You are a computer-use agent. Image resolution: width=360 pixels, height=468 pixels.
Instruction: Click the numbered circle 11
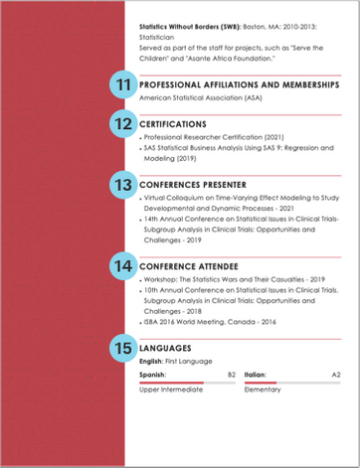pyautogui.click(x=122, y=85)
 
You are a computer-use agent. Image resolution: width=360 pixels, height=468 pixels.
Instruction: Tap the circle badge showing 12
pyautogui.click(x=122, y=124)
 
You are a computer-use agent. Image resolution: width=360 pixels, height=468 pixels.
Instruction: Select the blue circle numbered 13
pyautogui.click(x=122, y=185)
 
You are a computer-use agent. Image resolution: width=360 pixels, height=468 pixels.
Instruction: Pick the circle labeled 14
pyautogui.click(x=122, y=266)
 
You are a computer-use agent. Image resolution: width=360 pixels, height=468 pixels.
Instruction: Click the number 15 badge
pyautogui.click(x=122, y=348)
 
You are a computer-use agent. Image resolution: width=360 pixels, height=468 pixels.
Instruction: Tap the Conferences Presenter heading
pyautogui.click(x=194, y=185)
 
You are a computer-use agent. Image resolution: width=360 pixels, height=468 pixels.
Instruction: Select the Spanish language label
pyautogui.click(x=154, y=375)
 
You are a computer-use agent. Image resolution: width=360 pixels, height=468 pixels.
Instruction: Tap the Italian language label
pyautogui.click(x=258, y=375)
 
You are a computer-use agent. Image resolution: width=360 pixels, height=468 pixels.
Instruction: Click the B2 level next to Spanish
pyautogui.click(x=231, y=375)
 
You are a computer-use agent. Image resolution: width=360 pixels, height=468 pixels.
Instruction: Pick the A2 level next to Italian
pyautogui.click(x=335, y=375)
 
